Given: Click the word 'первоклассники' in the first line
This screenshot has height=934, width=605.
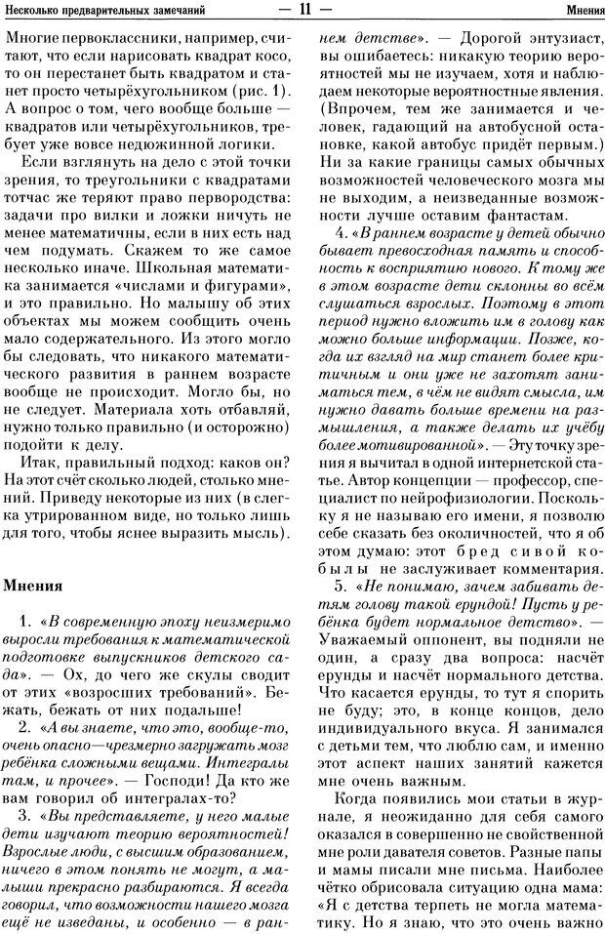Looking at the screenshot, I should (116, 40).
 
